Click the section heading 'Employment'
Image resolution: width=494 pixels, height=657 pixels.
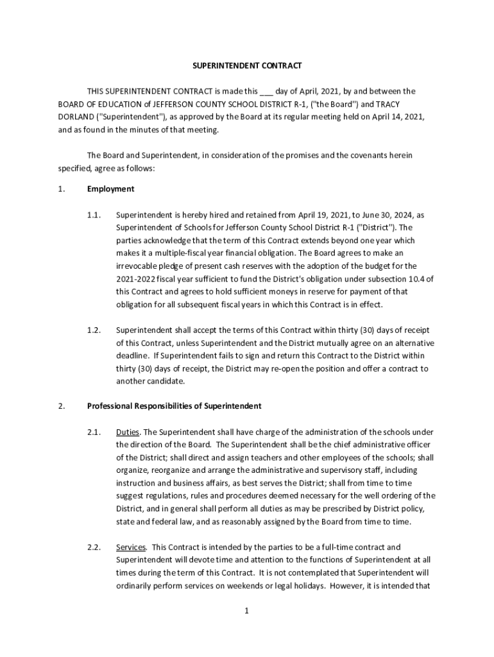point(110,189)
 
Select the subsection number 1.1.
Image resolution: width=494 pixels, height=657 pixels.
point(94,215)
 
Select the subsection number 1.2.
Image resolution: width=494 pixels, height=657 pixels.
point(94,330)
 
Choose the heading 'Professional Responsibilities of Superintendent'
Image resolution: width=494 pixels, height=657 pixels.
point(174,407)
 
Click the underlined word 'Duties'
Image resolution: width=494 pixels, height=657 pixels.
point(128,433)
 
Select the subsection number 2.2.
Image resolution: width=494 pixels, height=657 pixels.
point(94,547)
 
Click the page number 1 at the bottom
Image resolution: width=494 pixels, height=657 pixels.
point(246,611)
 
